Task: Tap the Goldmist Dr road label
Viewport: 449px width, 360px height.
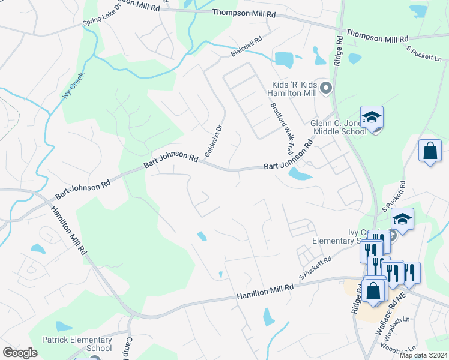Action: pyautogui.click(x=214, y=140)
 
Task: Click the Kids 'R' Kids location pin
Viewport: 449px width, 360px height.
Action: pyautogui.click(x=326, y=89)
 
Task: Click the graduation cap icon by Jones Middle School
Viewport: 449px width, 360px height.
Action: pyautogui.click(x=372, y=118)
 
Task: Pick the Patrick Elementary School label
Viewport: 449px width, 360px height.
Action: pyautogui.click(x=77, y=344)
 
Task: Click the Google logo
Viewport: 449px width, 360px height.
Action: pyautogui.click(x=20, y=353)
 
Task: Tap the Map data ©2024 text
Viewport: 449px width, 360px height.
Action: pyautogui.click(x=423, y=355)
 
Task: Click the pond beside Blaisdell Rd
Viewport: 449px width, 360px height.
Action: pyautogui.click(x=283, y=59)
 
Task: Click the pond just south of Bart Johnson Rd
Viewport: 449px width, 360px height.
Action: pyautogui.click(x=300, y=174)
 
